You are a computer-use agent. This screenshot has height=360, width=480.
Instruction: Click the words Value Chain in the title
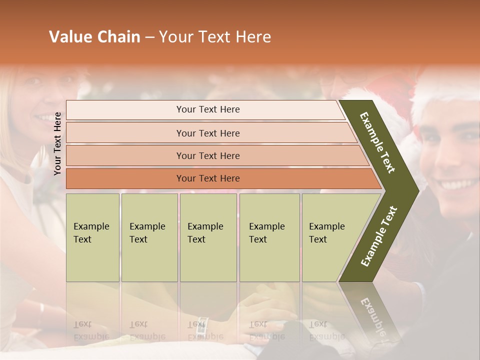[94, 37]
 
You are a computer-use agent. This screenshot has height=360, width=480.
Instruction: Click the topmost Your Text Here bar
[207, 109]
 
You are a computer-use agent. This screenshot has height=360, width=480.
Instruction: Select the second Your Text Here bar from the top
[207, 133]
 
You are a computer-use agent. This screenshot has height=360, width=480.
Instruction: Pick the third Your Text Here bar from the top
[207, 155]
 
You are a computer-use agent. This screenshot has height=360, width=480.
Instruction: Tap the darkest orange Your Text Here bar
[207, 178]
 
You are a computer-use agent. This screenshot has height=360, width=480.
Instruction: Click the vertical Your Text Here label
[57, 143]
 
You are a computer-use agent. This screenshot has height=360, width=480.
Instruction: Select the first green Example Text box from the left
[92, 237]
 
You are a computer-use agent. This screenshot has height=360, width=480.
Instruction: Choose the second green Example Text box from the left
[149, 237]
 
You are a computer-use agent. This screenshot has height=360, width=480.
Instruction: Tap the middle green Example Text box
[208, 237]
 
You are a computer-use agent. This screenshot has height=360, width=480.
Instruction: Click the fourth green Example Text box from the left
[269, 237]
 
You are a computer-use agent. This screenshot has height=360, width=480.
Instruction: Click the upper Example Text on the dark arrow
[377, 142]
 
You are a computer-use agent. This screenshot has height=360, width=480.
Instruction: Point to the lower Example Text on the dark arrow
[379, 236]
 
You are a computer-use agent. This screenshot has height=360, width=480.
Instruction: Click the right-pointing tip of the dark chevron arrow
[417, 190]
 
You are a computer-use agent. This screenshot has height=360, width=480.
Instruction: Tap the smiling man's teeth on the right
[455, 184]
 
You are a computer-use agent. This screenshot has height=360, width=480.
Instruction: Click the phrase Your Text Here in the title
[215, 37]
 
